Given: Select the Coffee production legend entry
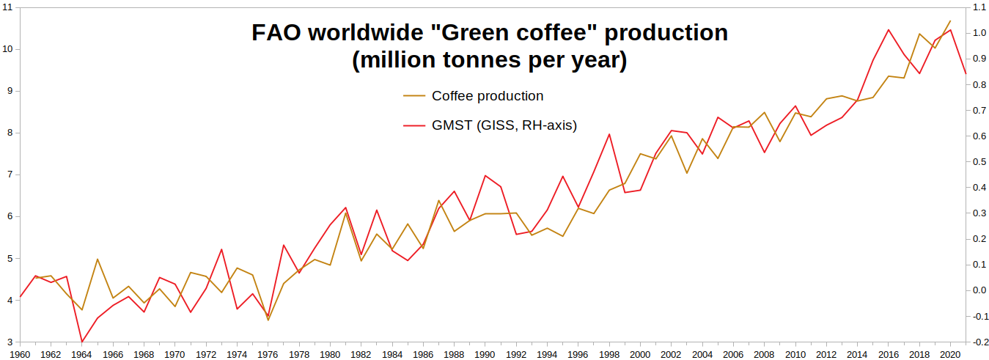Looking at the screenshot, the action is (x=474, y=96).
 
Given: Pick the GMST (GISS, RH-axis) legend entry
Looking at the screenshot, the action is (x=490, y=125).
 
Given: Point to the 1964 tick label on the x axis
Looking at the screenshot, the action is (x=81, y=355).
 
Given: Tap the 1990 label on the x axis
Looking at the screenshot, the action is (x=485, y=355).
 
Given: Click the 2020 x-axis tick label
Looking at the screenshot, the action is (x=950, y=355).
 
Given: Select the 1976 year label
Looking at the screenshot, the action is (x=268, y=355).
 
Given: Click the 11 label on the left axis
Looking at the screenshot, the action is (x=7, y=7).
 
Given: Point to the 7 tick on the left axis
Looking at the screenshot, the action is (x=10, y=175).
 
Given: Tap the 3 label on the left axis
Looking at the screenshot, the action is (x=10, y=342).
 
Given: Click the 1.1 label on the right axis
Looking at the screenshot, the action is (x=979, y=7).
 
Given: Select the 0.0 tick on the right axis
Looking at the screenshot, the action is (x=979, y=290).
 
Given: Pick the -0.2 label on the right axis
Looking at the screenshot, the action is (x=979, y=342).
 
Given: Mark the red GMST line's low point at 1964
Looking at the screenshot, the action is (x=81, y=342).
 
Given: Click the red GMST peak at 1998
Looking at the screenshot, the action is (x=609, y=134).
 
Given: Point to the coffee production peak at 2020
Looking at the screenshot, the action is (x=950, y=21).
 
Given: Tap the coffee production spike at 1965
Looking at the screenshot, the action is (x=97, y=260).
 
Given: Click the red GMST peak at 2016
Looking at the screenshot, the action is (x=889, y=30).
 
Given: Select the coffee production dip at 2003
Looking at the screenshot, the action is (x=686, y=173).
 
